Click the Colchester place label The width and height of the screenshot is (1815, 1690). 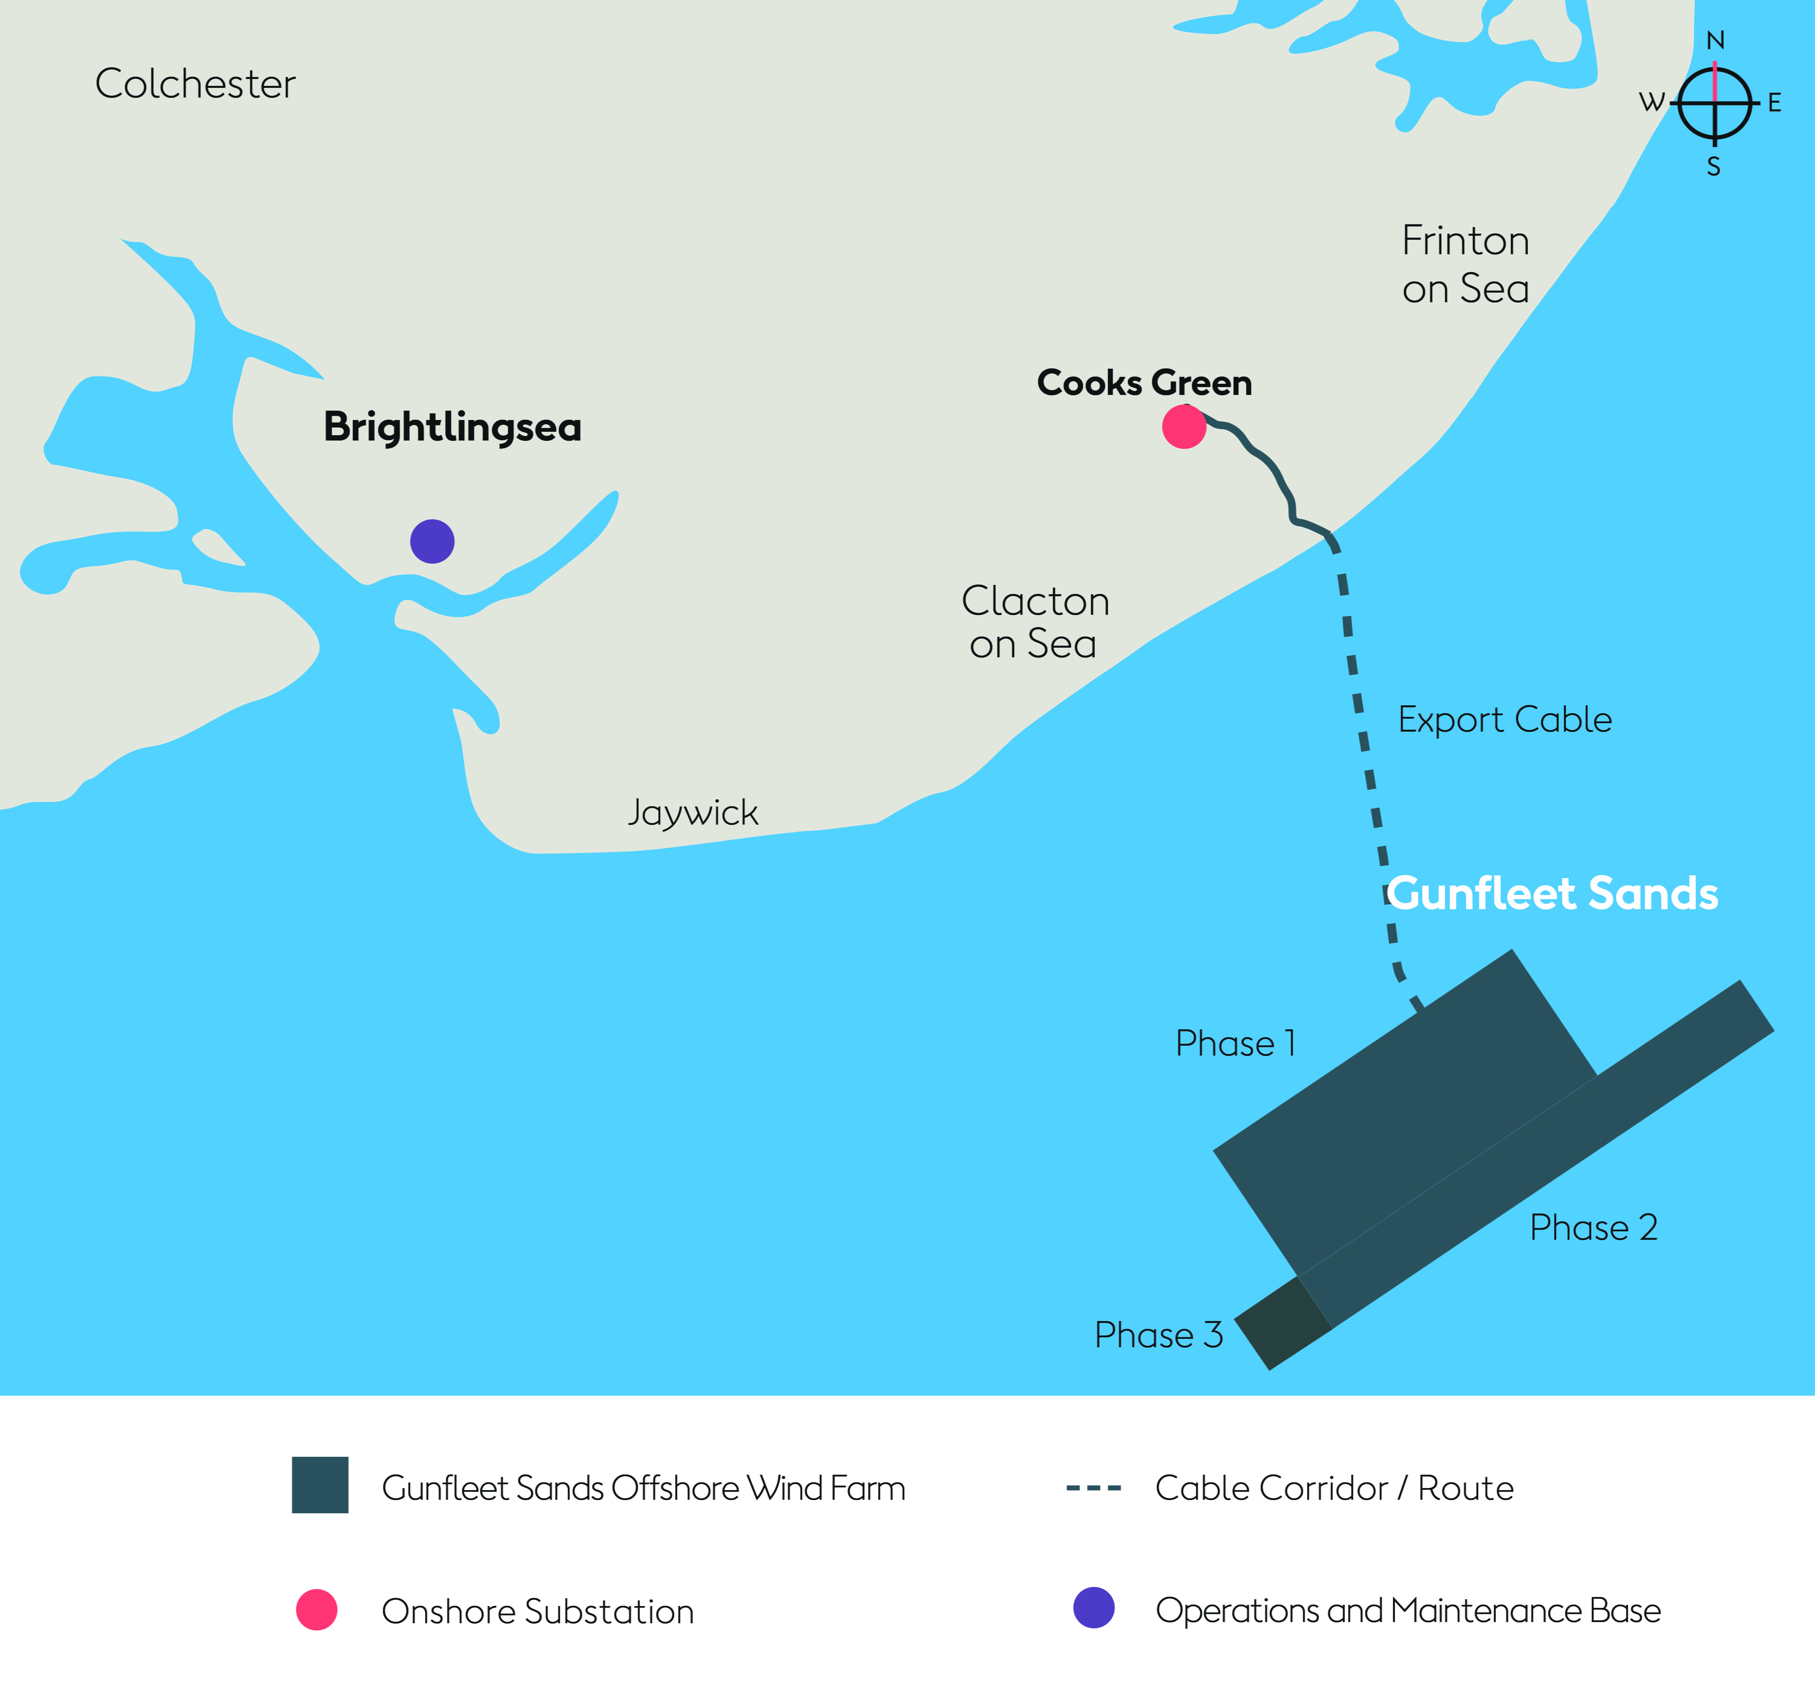(195, 84)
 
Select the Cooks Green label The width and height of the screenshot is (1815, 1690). (1144, 382)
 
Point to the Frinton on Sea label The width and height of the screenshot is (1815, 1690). (1465, 265)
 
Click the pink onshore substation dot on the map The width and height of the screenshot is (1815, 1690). (1184, 426)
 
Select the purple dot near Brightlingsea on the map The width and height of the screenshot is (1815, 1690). (432, 541)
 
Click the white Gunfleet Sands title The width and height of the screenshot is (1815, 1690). (1552, 893)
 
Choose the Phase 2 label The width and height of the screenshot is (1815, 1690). (1593, 1227)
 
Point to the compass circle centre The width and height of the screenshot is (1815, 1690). (1715, 103)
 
